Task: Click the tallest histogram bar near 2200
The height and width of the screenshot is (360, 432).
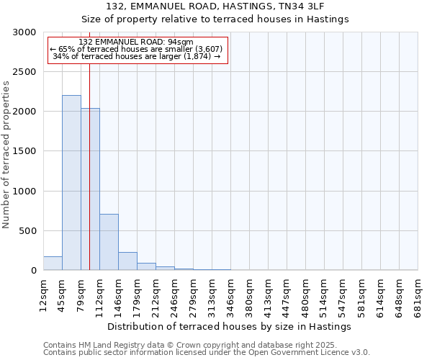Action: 71,183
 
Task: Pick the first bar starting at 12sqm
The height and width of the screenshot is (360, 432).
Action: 53,264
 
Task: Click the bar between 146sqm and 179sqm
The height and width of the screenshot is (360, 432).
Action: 127,261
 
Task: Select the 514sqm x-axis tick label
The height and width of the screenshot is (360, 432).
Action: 324,295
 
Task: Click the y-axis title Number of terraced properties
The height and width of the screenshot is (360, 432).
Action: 6,155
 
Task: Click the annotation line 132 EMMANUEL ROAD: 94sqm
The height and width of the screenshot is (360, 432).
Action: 137,42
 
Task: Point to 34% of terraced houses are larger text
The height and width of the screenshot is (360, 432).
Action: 137,56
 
